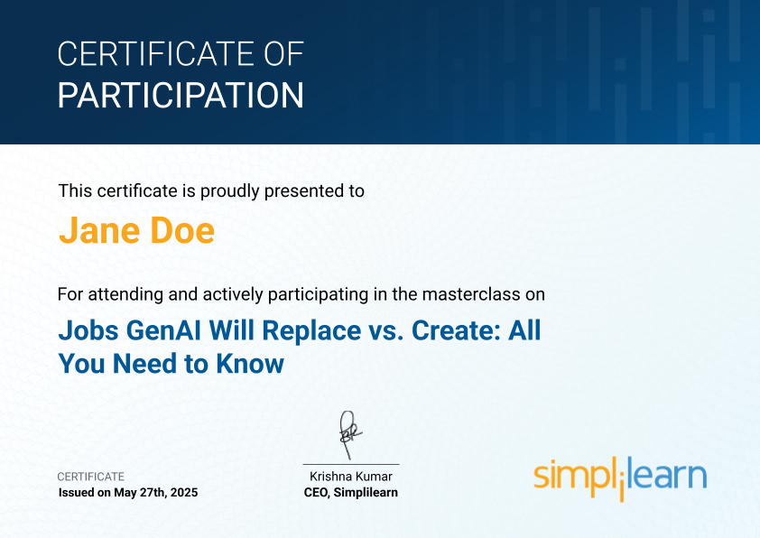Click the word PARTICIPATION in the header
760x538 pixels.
(181, 96)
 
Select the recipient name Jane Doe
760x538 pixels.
(136, 230)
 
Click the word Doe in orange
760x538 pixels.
(182, 230)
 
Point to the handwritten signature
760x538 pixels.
(350, 435)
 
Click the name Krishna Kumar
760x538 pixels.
(351, 477)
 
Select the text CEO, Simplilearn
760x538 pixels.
(351, 493)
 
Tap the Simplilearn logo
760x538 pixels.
(620, 478)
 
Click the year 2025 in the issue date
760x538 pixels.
(184, 493)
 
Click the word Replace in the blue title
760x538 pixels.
(311, 331)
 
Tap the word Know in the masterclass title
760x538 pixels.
(250, 364)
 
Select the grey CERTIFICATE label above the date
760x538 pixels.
(90, 477)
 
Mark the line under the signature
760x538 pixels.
(351, 464)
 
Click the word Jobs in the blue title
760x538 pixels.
(88, 330)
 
